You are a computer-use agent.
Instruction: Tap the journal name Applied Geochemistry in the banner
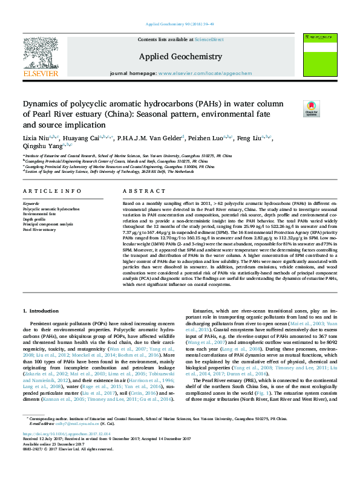pos(180,56)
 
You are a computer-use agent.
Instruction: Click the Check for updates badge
pos(311,109)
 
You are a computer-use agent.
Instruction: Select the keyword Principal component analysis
pos(48,224)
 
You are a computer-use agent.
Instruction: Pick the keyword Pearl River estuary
pos(39,230)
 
